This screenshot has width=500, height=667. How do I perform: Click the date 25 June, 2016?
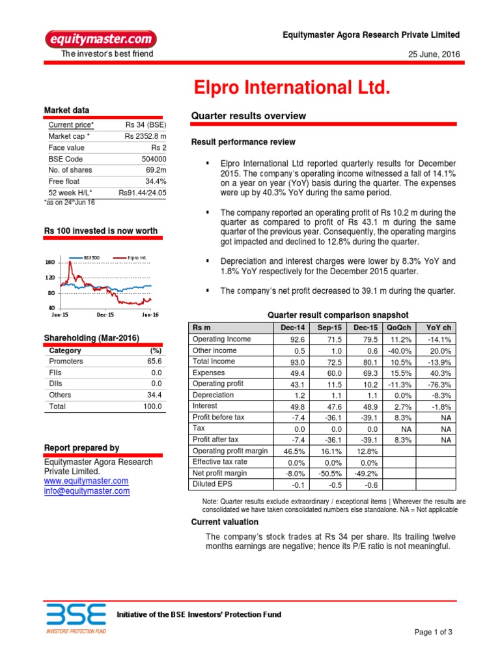coord(432,54)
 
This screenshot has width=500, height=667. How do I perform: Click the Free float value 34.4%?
coord(156,182)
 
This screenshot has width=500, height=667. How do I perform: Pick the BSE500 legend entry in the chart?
coord(90,258)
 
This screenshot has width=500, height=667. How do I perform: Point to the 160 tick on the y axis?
coord(50,262)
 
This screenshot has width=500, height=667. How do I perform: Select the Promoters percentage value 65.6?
coord(154,362)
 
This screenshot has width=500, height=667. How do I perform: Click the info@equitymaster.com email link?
coord(87,491)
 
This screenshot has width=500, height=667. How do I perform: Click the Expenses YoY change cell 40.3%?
coord(441,373)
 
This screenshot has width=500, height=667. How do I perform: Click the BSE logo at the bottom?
coord(76,617)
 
